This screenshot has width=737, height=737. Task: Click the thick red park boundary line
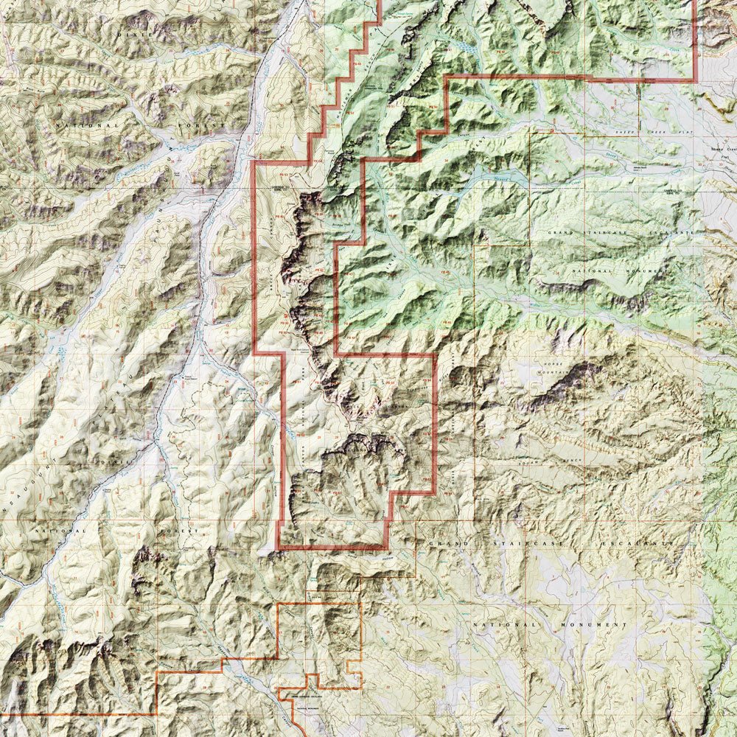[x=254, y=258]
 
